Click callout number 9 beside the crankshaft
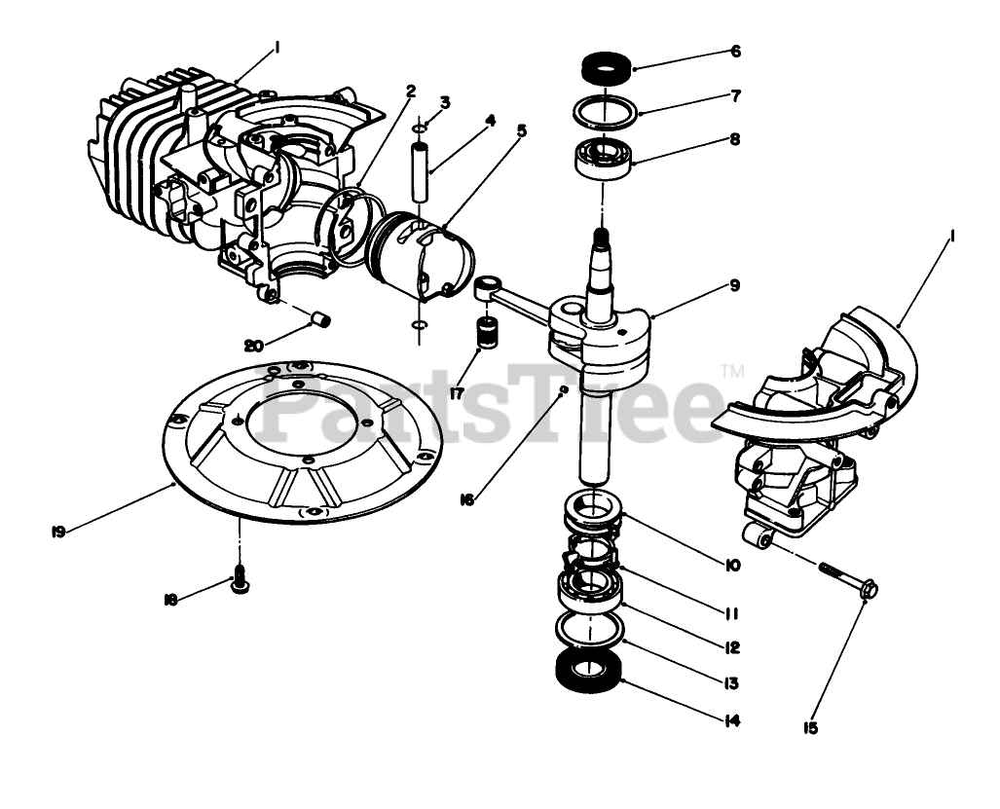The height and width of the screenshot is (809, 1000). [734, 286]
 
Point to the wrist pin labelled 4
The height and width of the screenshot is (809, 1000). [419, 171]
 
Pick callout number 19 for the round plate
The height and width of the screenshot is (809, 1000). [58, 532]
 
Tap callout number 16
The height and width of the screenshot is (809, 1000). [467, 499]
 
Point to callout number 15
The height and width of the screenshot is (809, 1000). [811, 726]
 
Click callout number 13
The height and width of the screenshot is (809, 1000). [732, 683]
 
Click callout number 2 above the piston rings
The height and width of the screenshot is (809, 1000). [412, 91]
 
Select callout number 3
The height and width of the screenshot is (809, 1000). [445, 101]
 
